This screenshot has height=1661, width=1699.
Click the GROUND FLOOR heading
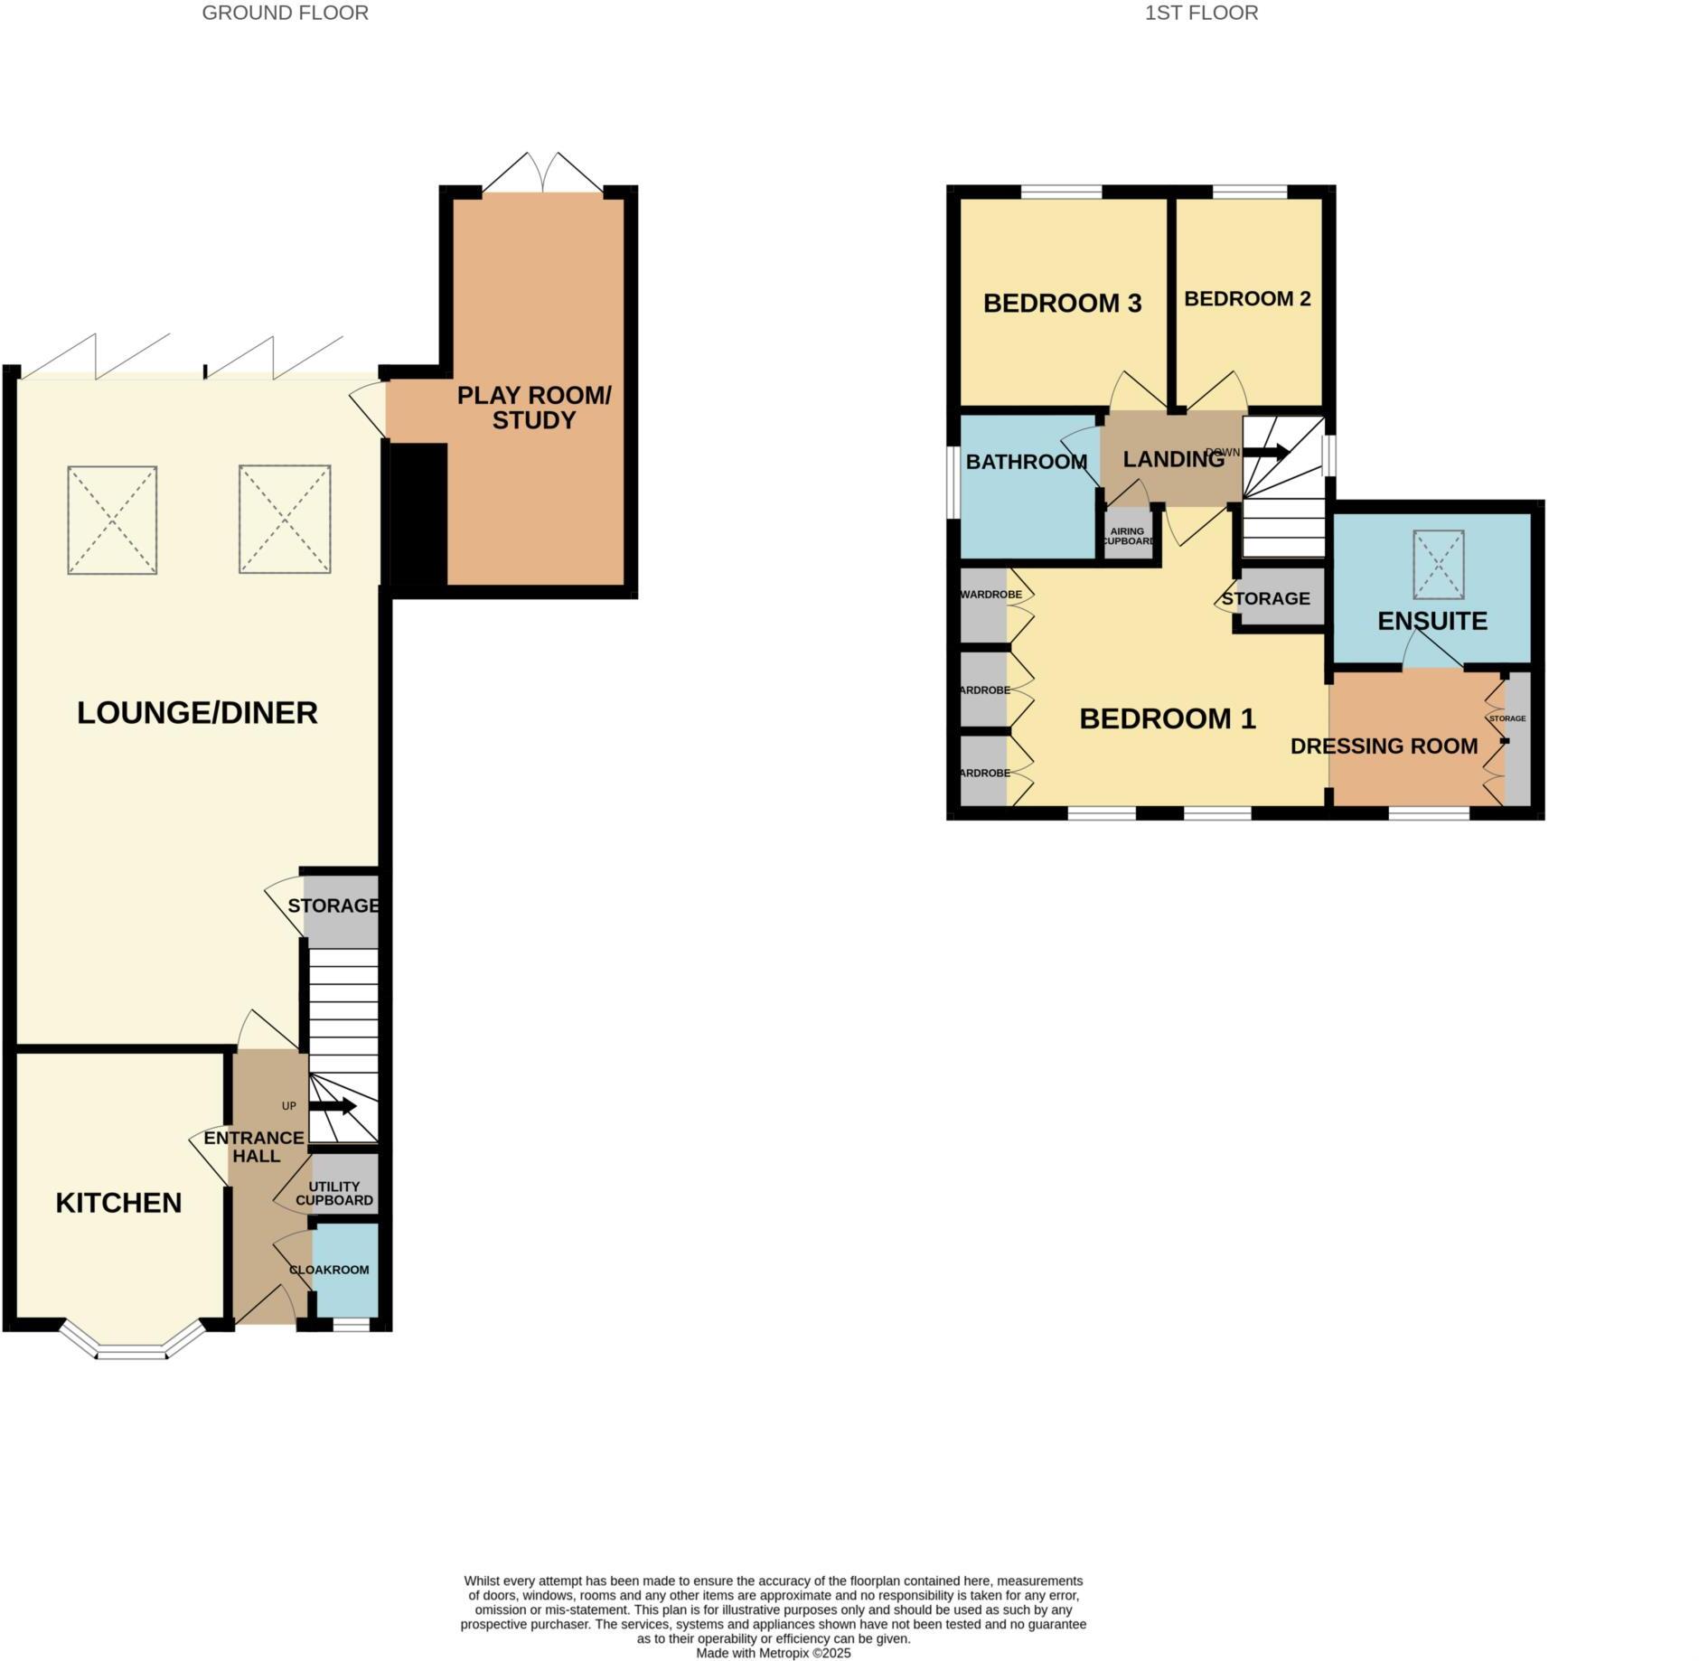coord(285,13)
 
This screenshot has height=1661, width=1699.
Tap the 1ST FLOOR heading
coord(1201,13)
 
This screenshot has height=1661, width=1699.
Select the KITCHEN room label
coord(118,1203)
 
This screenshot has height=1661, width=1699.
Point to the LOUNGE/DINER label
coord(197,713)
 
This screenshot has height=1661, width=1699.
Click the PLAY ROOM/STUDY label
coord(534,408)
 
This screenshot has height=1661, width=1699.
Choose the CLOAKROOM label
coord(329,1270)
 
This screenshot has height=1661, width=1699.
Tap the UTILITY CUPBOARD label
coord(334,1193)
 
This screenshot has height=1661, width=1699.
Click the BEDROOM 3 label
coord(1062,303)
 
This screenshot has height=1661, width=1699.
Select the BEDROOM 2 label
coord(1247,298)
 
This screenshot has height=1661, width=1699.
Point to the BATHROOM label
coord(1026,462)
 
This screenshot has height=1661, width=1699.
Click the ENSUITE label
coord(1432,621)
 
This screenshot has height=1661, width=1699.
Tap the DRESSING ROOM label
coord(1384,746)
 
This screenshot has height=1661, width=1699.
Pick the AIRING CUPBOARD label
coord(1127,536)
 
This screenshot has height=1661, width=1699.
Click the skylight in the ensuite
coord(1438,564)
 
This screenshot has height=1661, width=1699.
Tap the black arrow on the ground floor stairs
coord(333,1106)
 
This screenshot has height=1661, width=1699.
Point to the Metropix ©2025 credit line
coord(773,1653)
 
